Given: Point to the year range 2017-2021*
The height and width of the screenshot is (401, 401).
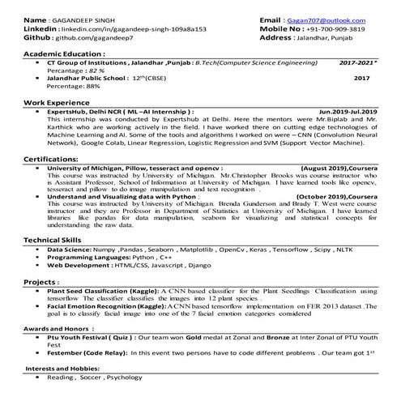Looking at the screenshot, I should point(357,62).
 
